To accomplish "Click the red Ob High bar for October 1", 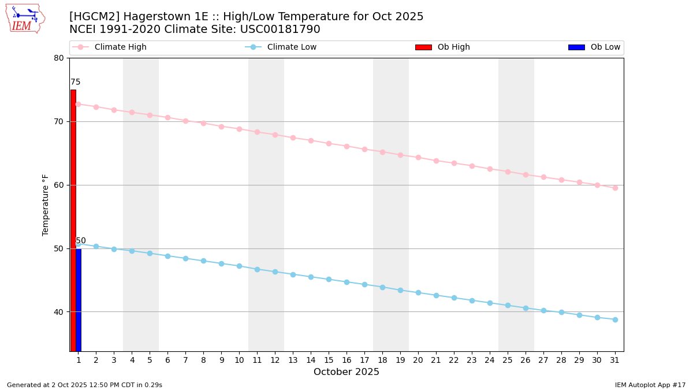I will click(73, 220).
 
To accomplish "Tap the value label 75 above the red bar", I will click(76, 83).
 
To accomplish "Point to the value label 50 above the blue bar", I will click(81, 241).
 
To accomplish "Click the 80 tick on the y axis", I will click(59, 58).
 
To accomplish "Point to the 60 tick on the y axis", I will click(59, 185).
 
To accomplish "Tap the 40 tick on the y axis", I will click(59, 312).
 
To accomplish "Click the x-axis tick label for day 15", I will click(329, 360).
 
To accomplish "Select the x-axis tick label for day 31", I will click(615, 360).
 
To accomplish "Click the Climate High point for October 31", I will click(615, 188).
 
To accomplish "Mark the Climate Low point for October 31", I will click(615, 320).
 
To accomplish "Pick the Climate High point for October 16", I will click(346, 146).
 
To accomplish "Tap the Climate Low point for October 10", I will click(239, 266).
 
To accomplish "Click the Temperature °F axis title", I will click(46, 205).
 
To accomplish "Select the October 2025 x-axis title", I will click(346, 372).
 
